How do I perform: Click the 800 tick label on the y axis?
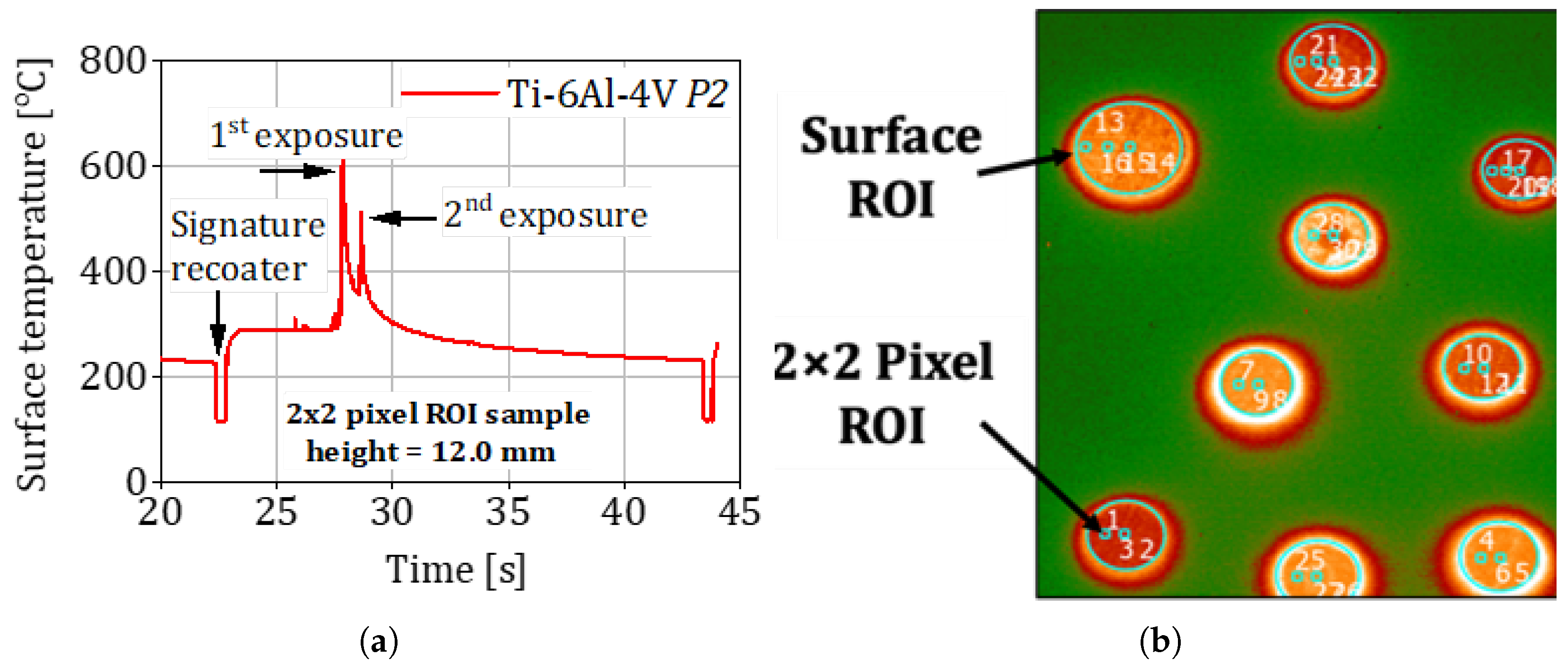tap(113, 61)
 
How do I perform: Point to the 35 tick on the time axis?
tap(508, 512)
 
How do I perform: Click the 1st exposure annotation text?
tap(306, 134)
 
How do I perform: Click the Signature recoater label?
tap(247, 246)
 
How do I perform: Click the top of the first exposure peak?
tap(343, 162)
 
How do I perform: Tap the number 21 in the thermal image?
tap(1324, 44)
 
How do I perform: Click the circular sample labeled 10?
tap(1483, 368)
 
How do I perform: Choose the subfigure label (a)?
tap(379, 641)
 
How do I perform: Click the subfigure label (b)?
tap(1160, 641)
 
